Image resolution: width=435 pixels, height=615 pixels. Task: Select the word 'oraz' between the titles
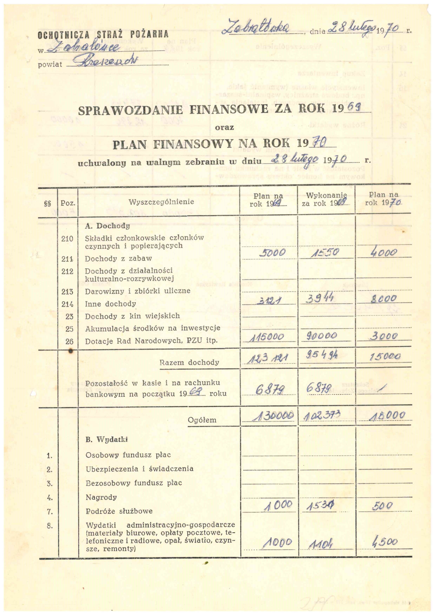[x=224, y=127]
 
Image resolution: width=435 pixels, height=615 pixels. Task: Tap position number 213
[x=67, y=291]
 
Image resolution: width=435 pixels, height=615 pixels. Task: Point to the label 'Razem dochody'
[x=189, y=362]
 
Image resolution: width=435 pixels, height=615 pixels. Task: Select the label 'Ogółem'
[x=202, y=420]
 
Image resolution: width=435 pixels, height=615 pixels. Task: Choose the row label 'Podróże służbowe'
[x=119, y=511]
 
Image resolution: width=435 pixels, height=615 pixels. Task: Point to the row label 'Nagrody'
[x=101, y=497]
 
